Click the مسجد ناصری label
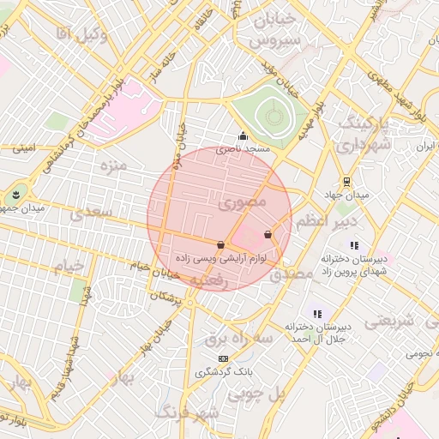(x=243, y=149)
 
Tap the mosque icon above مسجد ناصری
(x=243, y=135)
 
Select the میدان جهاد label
(x=352, y=196)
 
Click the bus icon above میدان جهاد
(x=346, y=182)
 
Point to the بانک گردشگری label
(x=223, y=372)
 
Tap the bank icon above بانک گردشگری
(x=224, y=358)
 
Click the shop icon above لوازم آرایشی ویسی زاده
(x=221, y=244)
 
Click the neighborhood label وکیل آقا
(x=81, y=33)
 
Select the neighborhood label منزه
(x=112, y=163)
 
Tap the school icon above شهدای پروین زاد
(x=354, y=246)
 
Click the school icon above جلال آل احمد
(x=316, y=314)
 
